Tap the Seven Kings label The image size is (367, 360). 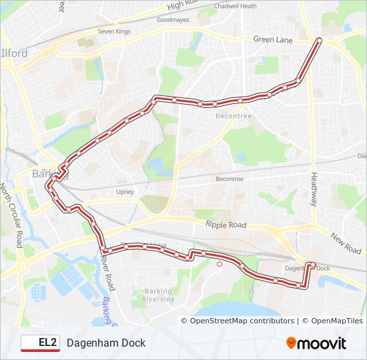coord(114,31)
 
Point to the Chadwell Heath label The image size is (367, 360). coord(235,6)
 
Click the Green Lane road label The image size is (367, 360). coord(273,40)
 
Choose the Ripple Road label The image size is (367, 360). coord(226,225)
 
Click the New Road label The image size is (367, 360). coord(346,243)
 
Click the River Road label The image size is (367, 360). coord(107,269)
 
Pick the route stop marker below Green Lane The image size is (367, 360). coord(318,41)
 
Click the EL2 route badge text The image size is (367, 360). coord(47,343)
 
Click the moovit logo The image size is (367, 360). coord(316,343)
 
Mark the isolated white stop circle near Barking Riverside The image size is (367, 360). coord(220,263)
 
